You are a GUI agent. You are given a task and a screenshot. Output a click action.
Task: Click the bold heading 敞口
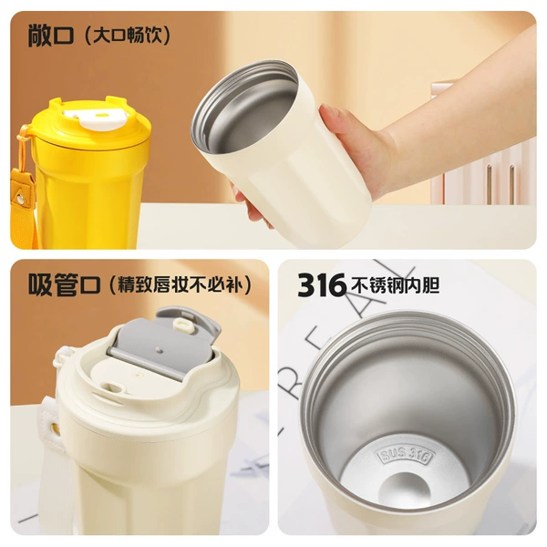click(50, 36)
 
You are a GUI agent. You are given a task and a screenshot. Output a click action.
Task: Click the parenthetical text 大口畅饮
click(128, 36)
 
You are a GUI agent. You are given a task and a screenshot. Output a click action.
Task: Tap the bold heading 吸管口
click(65, 284)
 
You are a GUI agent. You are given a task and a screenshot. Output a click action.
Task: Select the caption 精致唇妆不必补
click(180, 284)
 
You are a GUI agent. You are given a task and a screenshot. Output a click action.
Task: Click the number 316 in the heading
click(321, 285)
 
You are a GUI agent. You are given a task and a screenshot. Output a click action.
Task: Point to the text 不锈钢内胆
click(395, 285)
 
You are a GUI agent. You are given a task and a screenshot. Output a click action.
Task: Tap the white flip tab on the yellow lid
click(96, 118)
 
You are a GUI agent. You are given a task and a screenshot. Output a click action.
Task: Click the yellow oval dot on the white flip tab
click(102, 115)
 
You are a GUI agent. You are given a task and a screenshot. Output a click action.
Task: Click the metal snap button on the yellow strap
click(20, 199)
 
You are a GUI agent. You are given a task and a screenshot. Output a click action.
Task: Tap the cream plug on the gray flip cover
click(183, 325)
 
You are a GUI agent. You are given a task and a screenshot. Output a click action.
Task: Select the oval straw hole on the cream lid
click(114, 388)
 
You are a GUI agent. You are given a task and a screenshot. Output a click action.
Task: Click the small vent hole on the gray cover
click(158, 349)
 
